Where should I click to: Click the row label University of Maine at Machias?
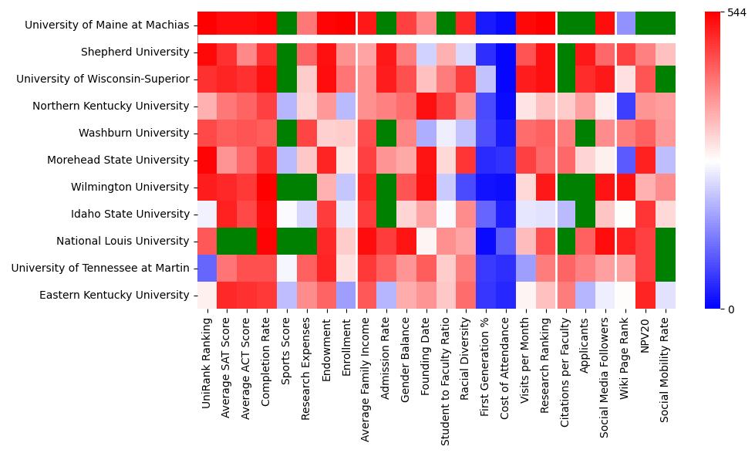107,25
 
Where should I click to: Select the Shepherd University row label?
136,52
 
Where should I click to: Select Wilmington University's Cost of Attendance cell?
506,187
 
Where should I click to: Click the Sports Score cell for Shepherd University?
287,52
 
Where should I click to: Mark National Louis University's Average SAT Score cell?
227,241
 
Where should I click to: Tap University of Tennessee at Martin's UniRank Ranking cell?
207,268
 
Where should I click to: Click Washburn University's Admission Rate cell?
386,133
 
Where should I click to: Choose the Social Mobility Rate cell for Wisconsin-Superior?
666,79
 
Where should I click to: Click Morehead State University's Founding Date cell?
426,160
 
